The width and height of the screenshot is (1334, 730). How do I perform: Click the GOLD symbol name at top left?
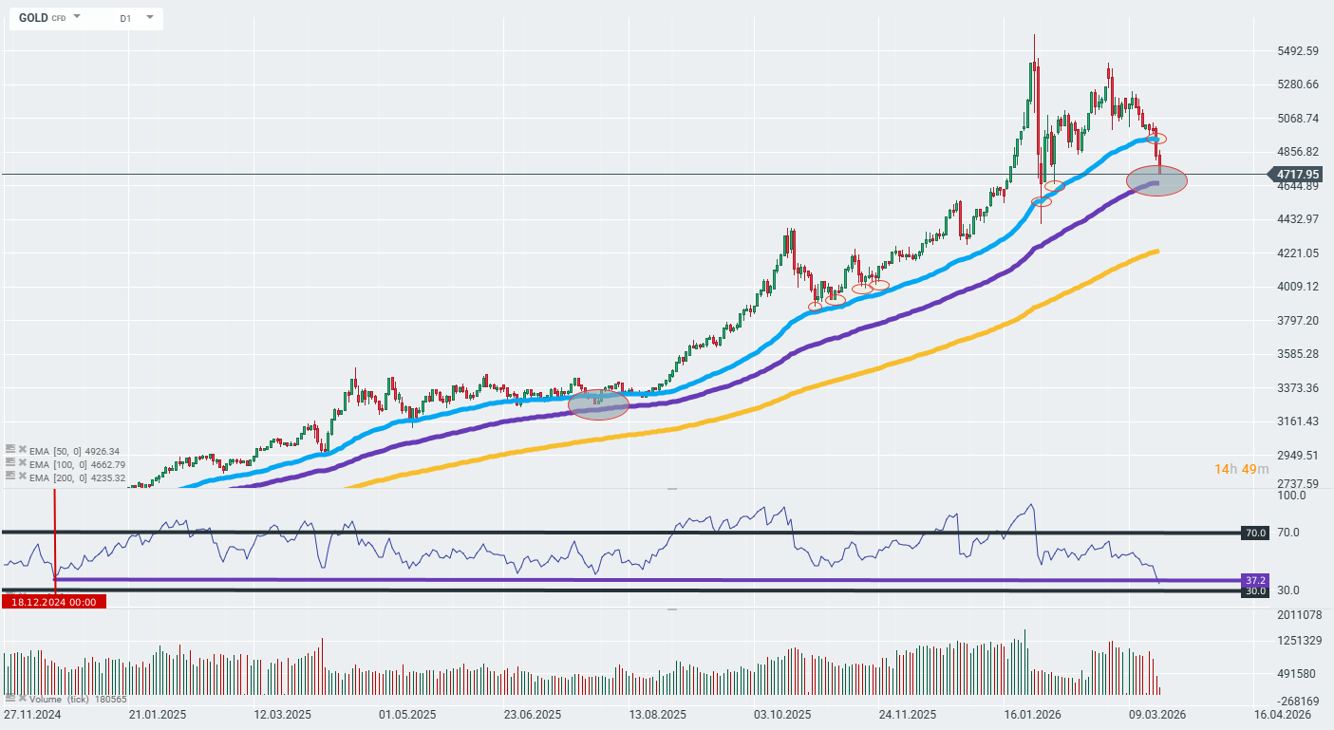point(33,18)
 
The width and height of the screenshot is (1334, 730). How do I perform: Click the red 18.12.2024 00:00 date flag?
point(54,601)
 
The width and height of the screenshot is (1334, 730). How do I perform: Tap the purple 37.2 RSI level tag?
point(1254,579)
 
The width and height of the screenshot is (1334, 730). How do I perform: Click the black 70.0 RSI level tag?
point(1254,533)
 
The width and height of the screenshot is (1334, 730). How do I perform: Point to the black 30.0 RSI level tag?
point(1254,590)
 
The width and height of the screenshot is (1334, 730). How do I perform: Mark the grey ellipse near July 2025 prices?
point(598,404)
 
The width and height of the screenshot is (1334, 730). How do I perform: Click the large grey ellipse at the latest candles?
point(1156,180)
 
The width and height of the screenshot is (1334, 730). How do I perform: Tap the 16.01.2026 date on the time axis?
point(1031,714)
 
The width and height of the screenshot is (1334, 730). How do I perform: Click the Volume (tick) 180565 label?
point(71,699)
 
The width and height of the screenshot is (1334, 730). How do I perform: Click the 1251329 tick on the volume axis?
point(1299,640)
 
